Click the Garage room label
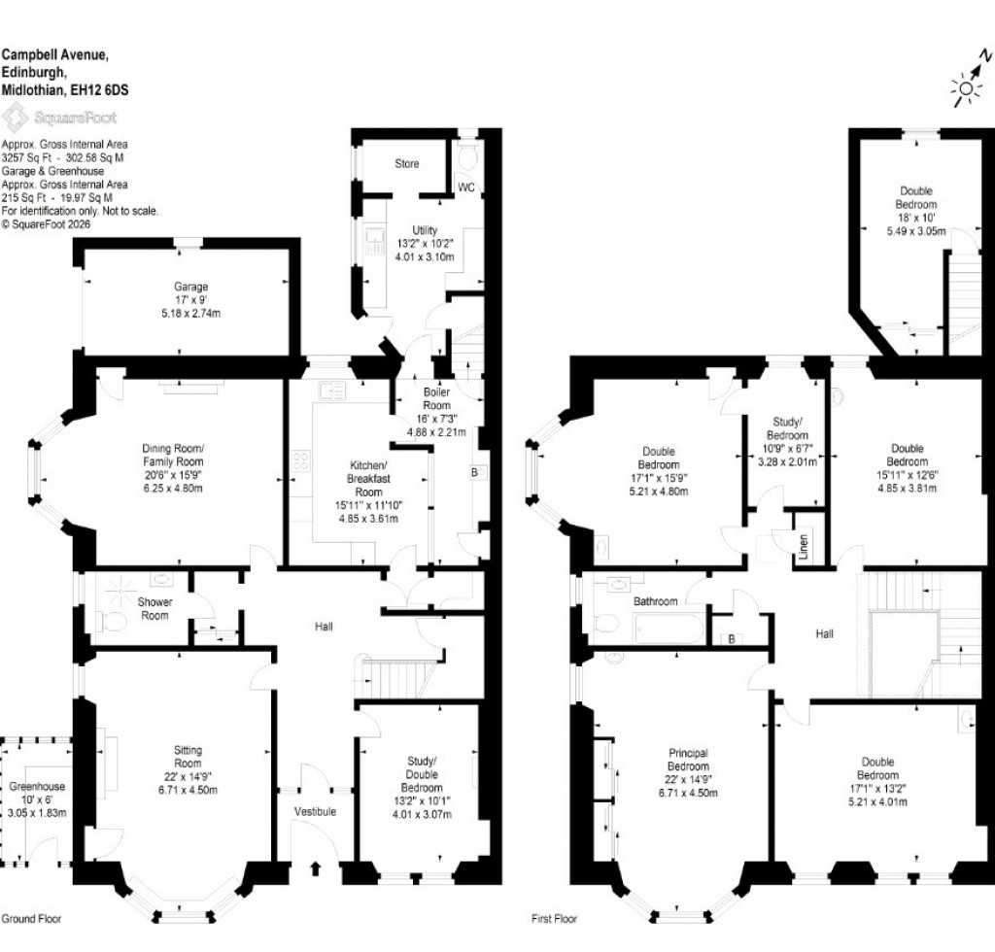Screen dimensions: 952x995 [x=191, y=288]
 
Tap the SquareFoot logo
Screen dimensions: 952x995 [x=60, y=119]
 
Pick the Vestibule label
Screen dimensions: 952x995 [x=314, y=811]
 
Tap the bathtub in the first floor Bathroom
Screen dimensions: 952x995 [x=670, y=627]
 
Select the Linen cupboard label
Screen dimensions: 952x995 [x=804, y=548]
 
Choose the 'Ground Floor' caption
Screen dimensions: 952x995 [x=32, y=918]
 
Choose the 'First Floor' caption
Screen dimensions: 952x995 [x=554, y=918]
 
